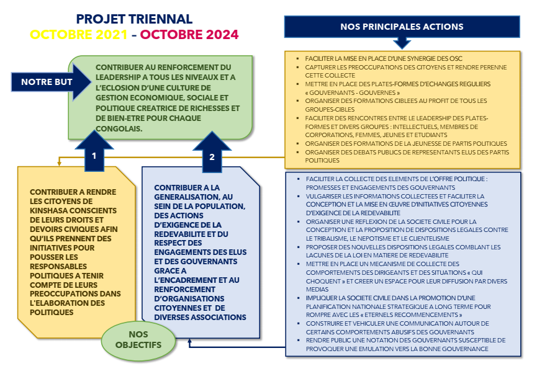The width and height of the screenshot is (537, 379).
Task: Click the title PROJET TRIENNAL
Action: click(x=134, y=20)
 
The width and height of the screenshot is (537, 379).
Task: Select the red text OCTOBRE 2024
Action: click(x=189, y=35)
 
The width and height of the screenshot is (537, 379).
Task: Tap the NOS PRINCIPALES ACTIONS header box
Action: click(x=402, y=27)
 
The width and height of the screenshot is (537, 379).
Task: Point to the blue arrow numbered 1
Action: click(x=94, y=154)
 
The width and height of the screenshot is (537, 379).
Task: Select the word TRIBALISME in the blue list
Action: click(x=330, y=238)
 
